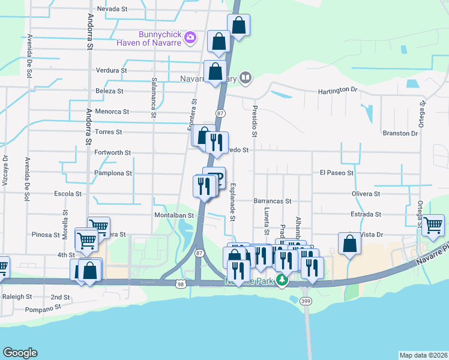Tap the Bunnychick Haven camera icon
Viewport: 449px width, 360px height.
(190, 38)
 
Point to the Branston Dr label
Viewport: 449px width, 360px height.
(399, 133)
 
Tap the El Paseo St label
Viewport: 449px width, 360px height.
(337, 173)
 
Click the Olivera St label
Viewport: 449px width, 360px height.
(366, 194)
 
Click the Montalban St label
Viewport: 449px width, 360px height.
(175, 215)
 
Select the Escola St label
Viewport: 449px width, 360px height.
(68, 194)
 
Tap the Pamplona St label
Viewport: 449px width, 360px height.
(113, 173)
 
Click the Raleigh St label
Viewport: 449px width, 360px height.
(16, 296)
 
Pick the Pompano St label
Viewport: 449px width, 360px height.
(44, 309)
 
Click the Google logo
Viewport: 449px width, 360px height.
(20, 353)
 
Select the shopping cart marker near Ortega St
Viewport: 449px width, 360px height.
(432, 226)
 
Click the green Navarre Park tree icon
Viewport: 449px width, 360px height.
(281, 280)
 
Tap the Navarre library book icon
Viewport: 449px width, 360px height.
(246, 77)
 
